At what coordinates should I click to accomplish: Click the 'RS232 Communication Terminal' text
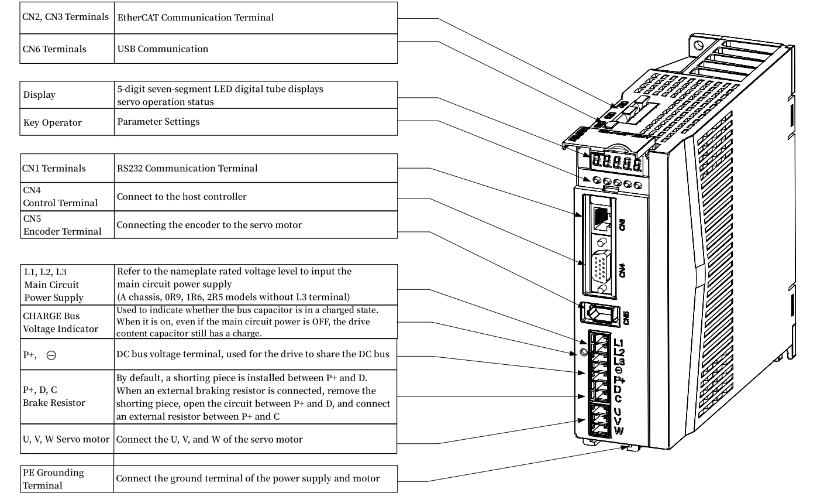pyautogui.click(x=187, y=169)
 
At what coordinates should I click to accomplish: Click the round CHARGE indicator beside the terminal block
pyautogui.click(x=582, y=353)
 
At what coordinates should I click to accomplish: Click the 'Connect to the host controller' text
pyautogui.click(x=182, y=197)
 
